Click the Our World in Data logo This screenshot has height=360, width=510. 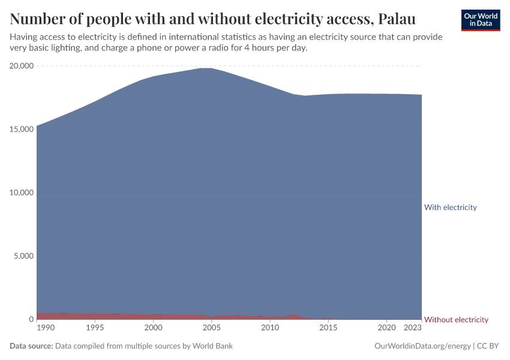point(480,20)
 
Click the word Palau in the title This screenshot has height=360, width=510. point(398,19)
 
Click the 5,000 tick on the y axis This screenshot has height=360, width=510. point(23,256)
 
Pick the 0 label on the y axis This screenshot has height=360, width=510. point(31,320)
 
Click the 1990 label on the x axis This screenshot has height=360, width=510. point(45,328)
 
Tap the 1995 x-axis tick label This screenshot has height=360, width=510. point(95,328)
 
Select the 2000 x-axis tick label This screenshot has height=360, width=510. point(154,328)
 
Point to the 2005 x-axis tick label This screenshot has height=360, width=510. point(212,328)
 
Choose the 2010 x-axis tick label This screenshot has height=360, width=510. point(270,328)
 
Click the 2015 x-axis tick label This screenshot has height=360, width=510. point(328,328)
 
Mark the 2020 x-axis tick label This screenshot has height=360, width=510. point(387,328)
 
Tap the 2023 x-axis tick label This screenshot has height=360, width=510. point(413,328)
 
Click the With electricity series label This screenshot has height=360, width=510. point(450,208)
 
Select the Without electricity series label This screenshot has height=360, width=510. point(456,320)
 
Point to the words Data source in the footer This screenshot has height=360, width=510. point(31,346)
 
